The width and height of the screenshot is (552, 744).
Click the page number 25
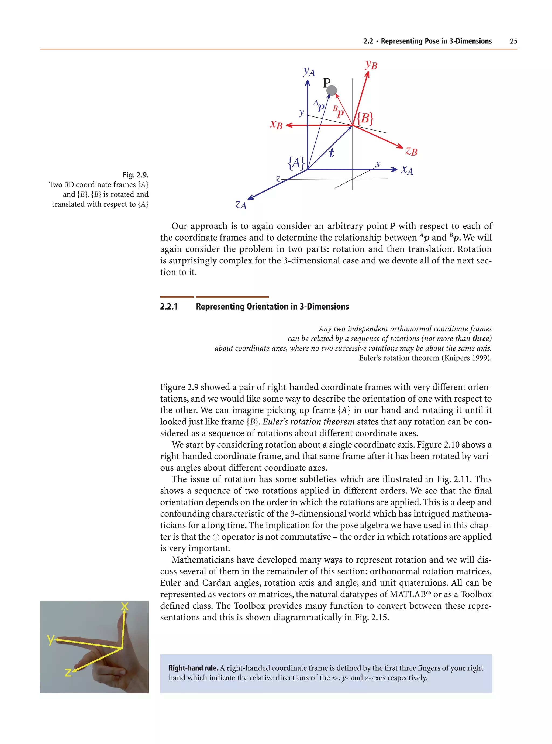pyautogui.click(x=513, y=41)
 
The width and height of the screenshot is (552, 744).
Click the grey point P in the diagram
pyautogui.click(x=332, y=90)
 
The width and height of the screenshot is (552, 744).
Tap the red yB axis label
pyautogui.click(x=371, y=64)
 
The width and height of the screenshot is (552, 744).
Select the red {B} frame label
pyautogui.click(x=365, y=118)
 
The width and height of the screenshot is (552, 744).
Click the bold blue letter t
pyautogui.click(x=331, y=153)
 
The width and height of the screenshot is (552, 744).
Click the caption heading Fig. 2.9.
pyautogui.click(x=135, y=175)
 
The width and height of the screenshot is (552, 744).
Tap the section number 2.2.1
pyautogui.click(x=169, y=307)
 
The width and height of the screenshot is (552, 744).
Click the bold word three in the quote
pyautogui.click(x=481, y=339)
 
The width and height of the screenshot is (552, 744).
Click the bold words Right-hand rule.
pyautogui.click(x=193, y=668)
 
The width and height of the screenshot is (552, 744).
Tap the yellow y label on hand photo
pyautogui.click(x=50, y=639)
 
